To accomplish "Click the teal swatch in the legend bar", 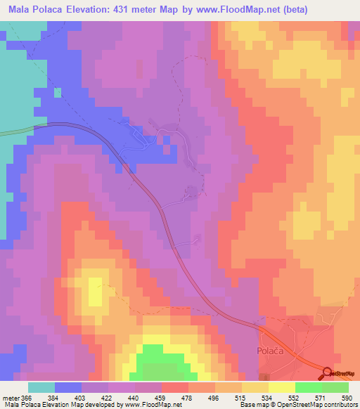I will pos(41,387).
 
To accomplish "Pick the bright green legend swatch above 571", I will pos(308,387).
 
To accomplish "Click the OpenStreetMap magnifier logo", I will pos(329,373).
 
